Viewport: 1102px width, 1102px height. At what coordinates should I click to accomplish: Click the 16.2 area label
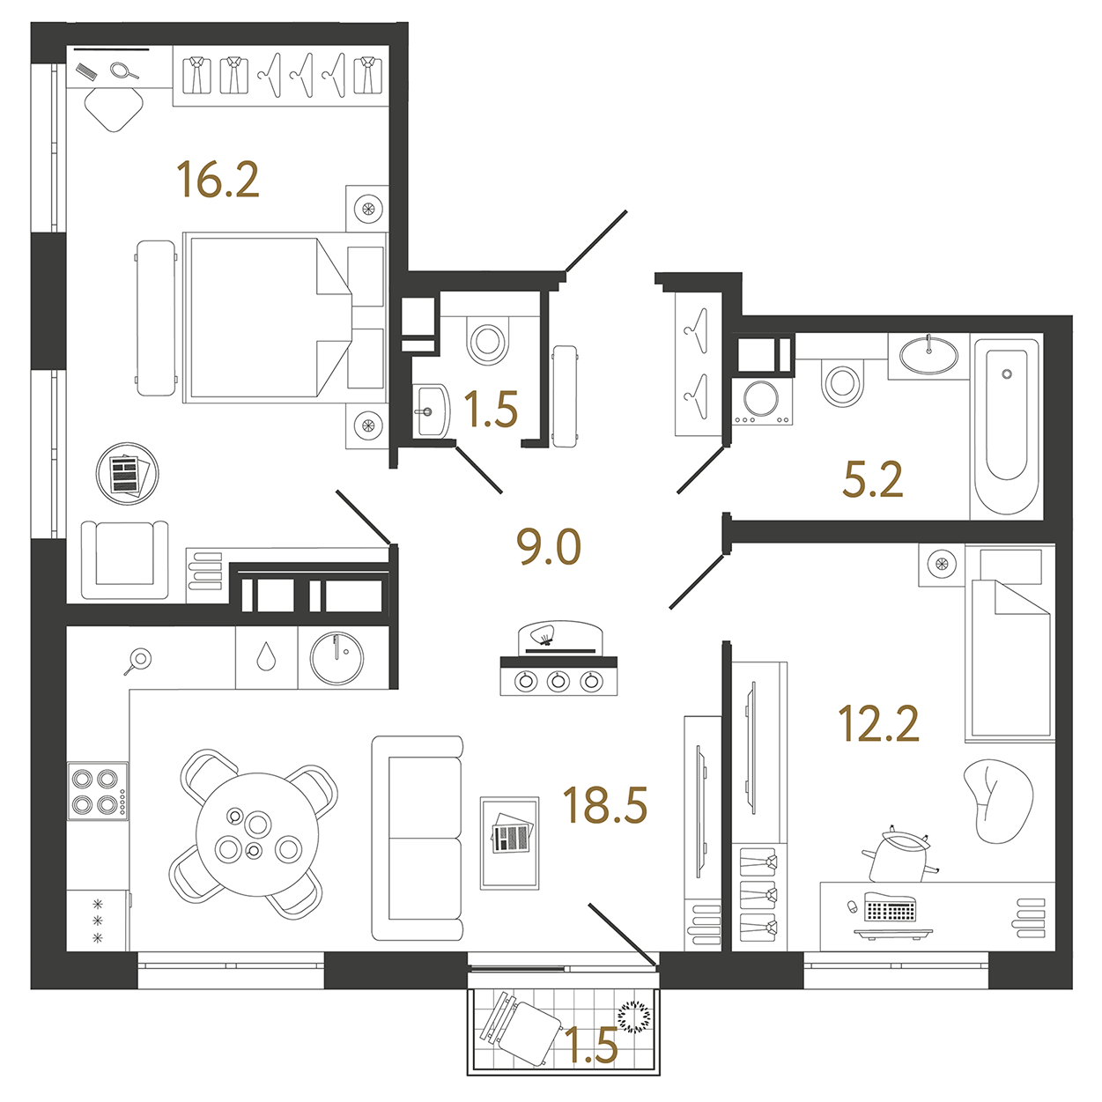point(218,180)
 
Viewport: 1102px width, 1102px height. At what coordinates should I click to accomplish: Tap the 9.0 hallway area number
point(549,546)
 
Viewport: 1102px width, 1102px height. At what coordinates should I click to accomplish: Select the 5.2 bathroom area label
point(872,479)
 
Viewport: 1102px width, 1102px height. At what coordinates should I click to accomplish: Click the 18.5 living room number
point(605,804)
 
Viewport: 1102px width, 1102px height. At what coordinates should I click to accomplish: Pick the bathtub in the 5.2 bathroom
point(1007,426)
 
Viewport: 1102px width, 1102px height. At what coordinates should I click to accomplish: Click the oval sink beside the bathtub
point(928,355)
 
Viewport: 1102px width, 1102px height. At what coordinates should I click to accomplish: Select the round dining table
point(257,834)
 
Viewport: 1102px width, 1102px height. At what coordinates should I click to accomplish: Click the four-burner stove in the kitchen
point(97,791)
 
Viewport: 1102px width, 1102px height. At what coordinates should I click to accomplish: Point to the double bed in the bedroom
point(285,318)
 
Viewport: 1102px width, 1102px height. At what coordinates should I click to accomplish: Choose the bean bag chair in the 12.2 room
point(998,802)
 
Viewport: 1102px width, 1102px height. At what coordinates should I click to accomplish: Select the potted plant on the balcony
point(635,1017)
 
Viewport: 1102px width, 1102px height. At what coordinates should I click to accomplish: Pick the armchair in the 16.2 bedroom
point(125,559)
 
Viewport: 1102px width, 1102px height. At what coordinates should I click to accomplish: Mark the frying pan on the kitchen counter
point(137,661)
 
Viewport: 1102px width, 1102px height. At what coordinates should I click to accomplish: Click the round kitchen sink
point(337,658)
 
